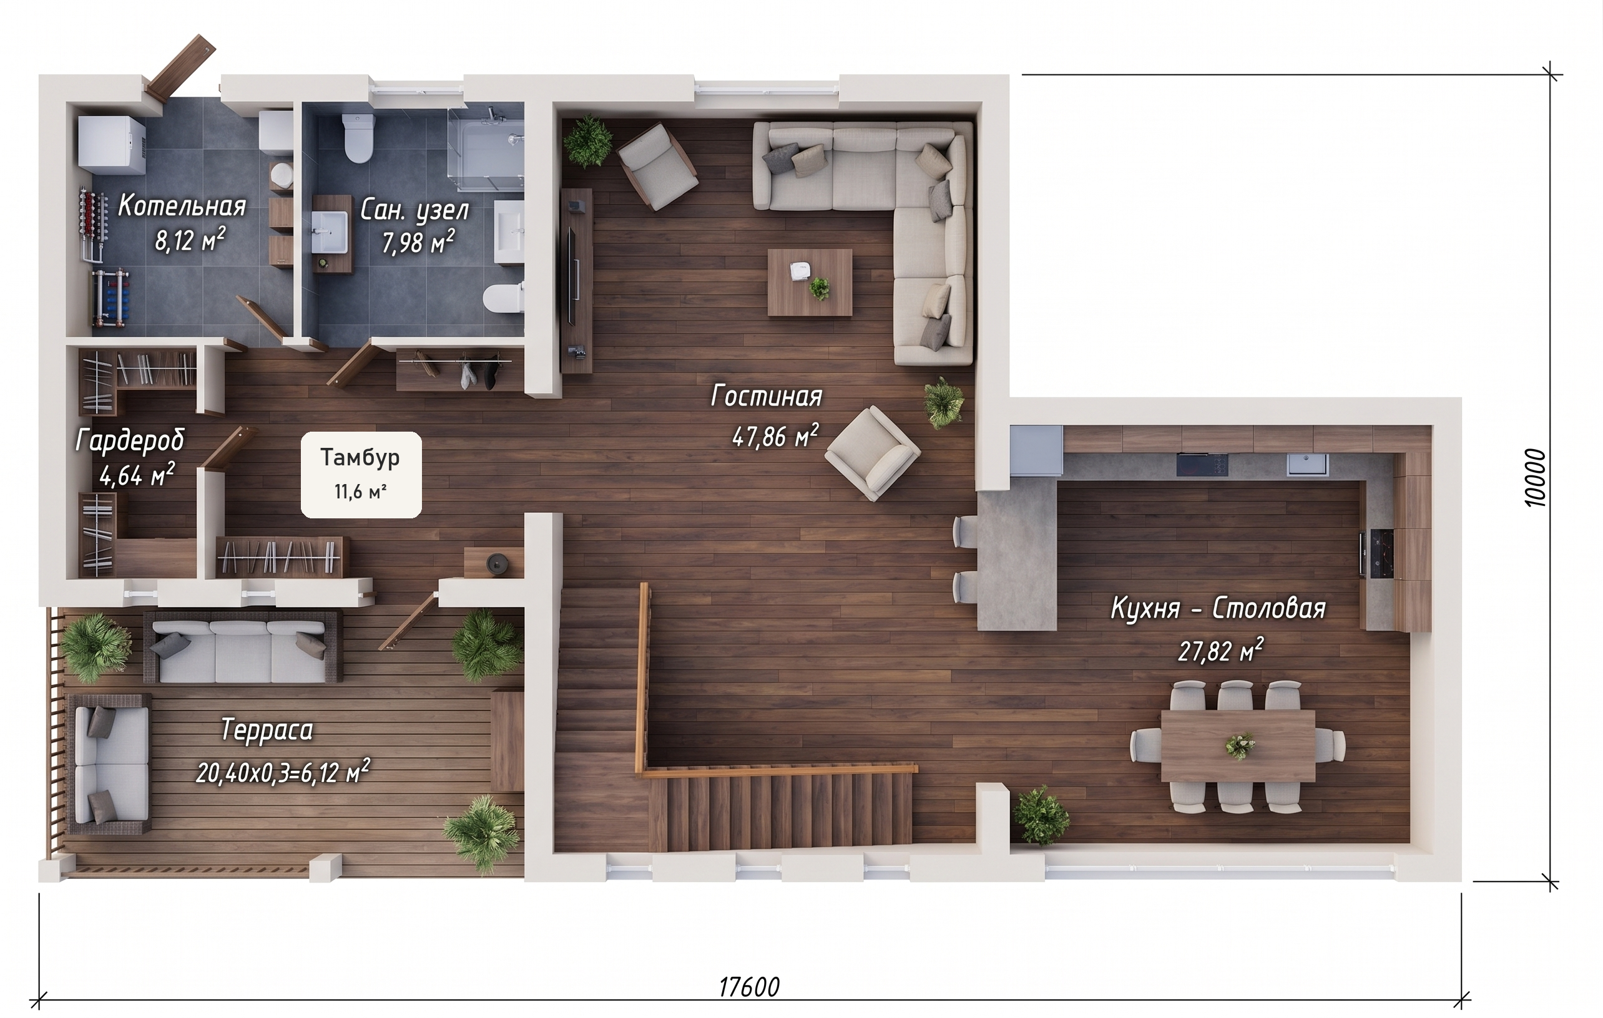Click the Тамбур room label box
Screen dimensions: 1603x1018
point(361,475)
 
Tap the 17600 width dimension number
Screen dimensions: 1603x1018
point(749,987)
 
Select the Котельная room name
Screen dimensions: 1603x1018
point(182,206)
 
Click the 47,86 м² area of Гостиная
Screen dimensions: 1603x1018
point(775,436)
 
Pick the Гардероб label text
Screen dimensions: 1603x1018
point(130,440)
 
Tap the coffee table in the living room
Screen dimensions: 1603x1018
point(810,282)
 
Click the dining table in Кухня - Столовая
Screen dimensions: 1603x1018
point(1238,746)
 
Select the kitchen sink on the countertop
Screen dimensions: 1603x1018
point(1306,465)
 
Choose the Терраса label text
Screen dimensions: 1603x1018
point(267,730)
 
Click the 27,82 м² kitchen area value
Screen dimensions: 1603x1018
point(1220,650)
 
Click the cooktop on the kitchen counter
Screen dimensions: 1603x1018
point(1202,465)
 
